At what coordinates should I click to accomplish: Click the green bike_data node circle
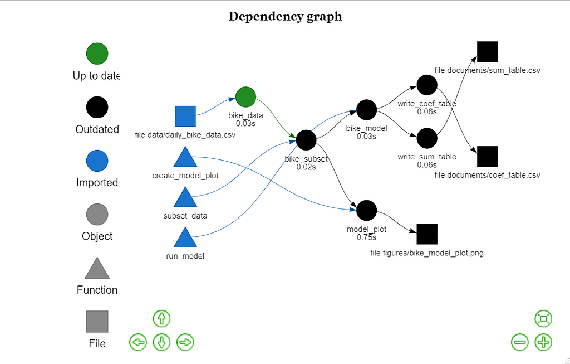coord(245,96)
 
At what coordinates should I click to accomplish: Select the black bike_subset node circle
coord(306,139)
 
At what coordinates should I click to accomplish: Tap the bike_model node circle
coord(366,109)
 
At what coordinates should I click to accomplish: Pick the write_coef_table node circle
coord(427,85)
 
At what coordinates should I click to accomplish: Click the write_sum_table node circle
coord(427,138)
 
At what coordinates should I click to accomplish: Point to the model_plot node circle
coord(366,210)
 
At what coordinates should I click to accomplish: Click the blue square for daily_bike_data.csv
coord(185,116)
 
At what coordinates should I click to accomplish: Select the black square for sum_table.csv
coord(487,52)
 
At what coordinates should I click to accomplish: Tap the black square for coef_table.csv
coord(487,157)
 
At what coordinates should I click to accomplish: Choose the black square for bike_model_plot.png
coord(427,234)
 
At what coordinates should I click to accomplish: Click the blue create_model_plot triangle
coord(185,158)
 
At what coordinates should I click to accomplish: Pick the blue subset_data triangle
coord(185,198)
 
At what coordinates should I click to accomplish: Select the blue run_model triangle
coord(185,238)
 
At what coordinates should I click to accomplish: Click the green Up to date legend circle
coord(97,54)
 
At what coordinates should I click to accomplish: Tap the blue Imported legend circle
coord(97,161)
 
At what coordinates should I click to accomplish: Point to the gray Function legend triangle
coord(97,269)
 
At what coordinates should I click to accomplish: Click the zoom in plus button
coord(543,342)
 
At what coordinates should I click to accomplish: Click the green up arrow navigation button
coord(161,319)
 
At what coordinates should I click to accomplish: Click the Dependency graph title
coord(285,16)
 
